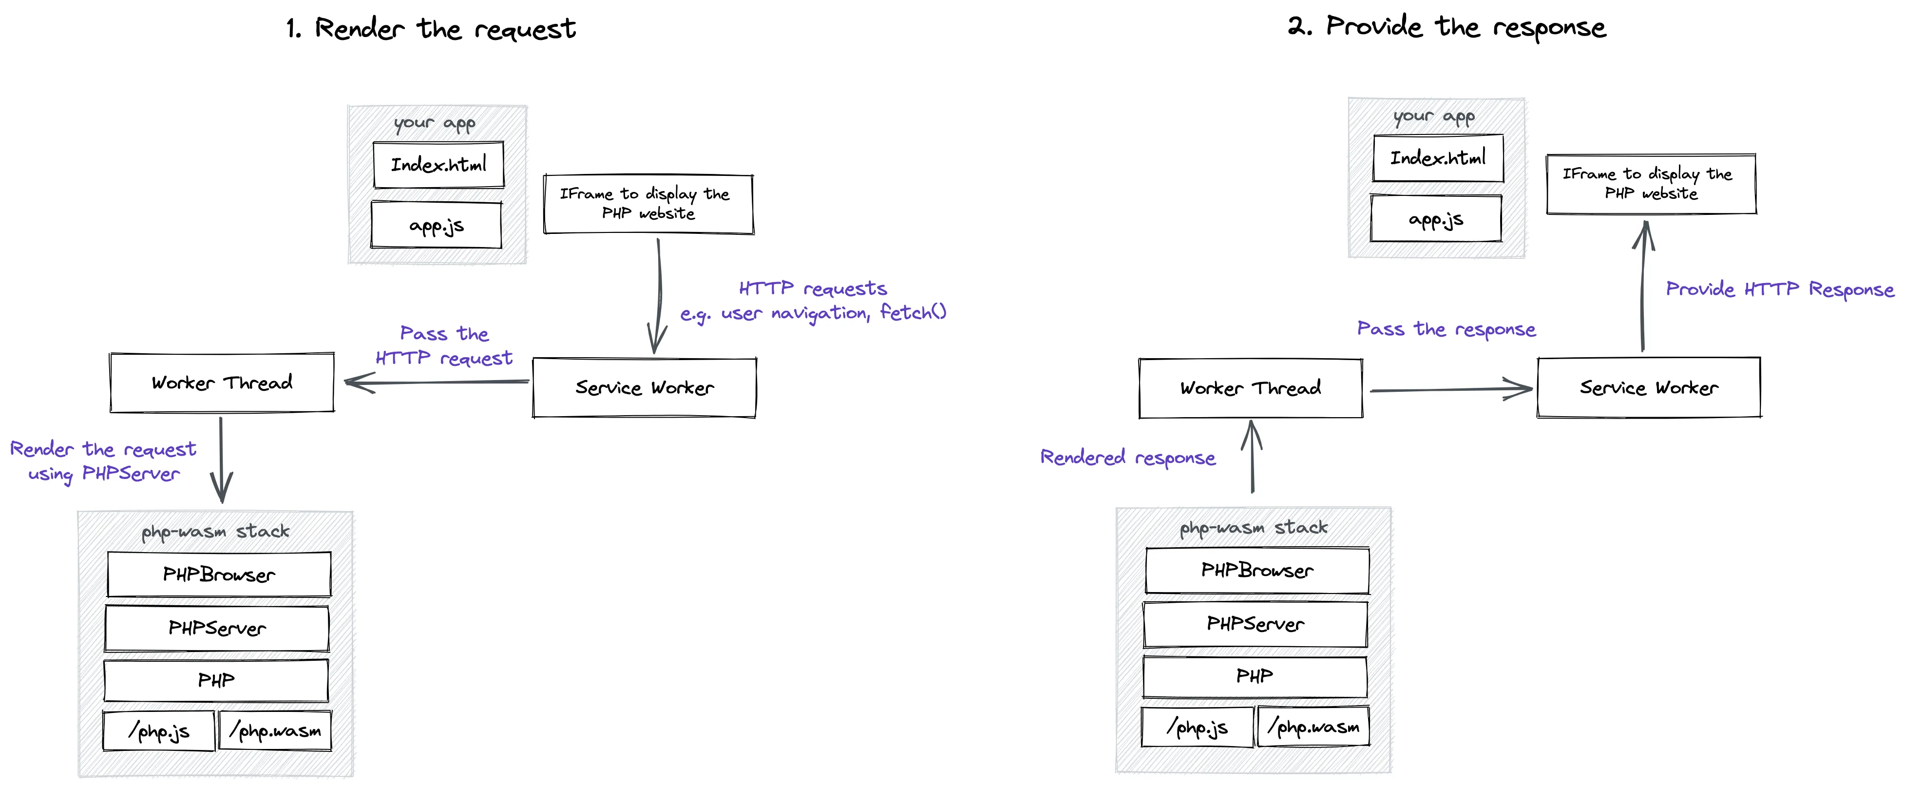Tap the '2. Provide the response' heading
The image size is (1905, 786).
tap(1447, 27)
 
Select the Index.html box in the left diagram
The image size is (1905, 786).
tap(438, 164)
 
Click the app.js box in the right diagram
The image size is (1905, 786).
tap(1435, 219)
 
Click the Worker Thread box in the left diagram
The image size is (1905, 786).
tap(222, 382)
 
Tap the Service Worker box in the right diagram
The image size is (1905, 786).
tap(1648, 387)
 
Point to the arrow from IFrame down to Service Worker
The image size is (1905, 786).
tap(657, 296)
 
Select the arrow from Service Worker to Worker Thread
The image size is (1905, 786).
tap(437, 382)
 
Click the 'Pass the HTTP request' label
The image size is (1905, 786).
tap(444, 346)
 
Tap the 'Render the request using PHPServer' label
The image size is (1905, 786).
tap(103, 460)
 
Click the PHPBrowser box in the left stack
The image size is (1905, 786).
tap(219, 575)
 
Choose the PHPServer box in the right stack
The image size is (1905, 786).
tap(1255, 624)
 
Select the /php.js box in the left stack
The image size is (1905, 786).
tap(158, 731)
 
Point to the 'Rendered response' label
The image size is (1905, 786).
tap(1128, 458)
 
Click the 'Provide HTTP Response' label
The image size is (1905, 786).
tap(1779, 289)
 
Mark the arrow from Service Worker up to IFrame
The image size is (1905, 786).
tap(1643, 288)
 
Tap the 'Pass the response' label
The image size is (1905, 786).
tap(1446, 329)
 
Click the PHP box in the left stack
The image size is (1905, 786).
tap(216, 680)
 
